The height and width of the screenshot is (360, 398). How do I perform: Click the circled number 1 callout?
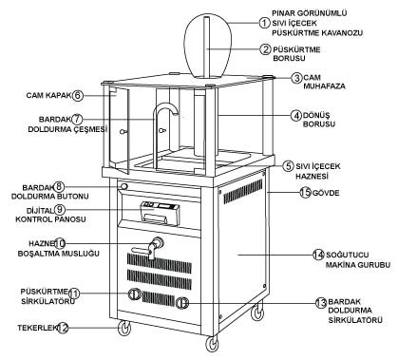(x=264, y=23)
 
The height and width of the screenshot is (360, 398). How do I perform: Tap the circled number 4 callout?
(x=296, y=116)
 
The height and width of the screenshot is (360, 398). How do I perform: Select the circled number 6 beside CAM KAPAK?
(x=78, y=95)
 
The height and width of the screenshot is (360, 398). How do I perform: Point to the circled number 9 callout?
(x=60, y=209)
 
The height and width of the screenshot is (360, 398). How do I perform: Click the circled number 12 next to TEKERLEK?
(x=63, y=328)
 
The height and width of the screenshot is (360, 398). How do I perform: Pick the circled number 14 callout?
(x=318, y=255)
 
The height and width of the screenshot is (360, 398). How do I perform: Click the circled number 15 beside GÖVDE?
(x=305, y=193)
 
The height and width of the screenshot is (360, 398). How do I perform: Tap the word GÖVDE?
(x=326, y=193)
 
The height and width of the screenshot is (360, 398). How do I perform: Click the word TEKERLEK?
(x=37, y=328)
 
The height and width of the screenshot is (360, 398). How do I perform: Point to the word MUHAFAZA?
(x=324, y=86)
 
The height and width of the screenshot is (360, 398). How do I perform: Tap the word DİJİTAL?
(x=40, y=210)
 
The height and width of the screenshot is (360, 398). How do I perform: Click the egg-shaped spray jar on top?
(x=207, y=47)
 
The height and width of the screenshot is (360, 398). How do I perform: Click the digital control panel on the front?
(x=160, y=214)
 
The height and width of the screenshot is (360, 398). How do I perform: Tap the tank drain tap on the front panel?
(x=149, y=248)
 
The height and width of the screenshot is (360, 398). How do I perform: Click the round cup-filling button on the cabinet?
(x=124, y=186)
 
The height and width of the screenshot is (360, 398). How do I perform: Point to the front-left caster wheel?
(x=124, y=328)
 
